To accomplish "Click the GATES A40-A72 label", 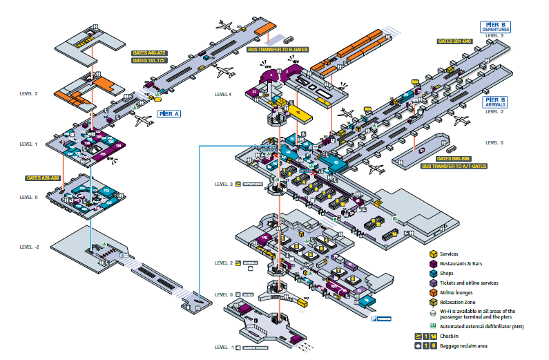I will [x=149, y=53].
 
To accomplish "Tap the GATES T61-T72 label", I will [x=149, y=60].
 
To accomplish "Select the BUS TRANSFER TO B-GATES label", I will [x=278, y=50].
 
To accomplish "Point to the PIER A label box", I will [x=168, y=112].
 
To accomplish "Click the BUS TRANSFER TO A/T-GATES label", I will [x=456, y=167].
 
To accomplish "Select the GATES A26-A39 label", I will [x=44, y=178].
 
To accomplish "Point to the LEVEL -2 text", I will [x=30, y=247].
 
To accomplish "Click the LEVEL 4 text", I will [x=223, y=94].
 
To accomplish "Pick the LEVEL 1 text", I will [x=29, y=144].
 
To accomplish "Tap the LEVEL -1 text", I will [x=224, y=347].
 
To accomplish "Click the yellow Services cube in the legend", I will [x=433, y=254].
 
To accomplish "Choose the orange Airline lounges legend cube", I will [x=433, y=292].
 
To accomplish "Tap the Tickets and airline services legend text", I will [x=478, y=283].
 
